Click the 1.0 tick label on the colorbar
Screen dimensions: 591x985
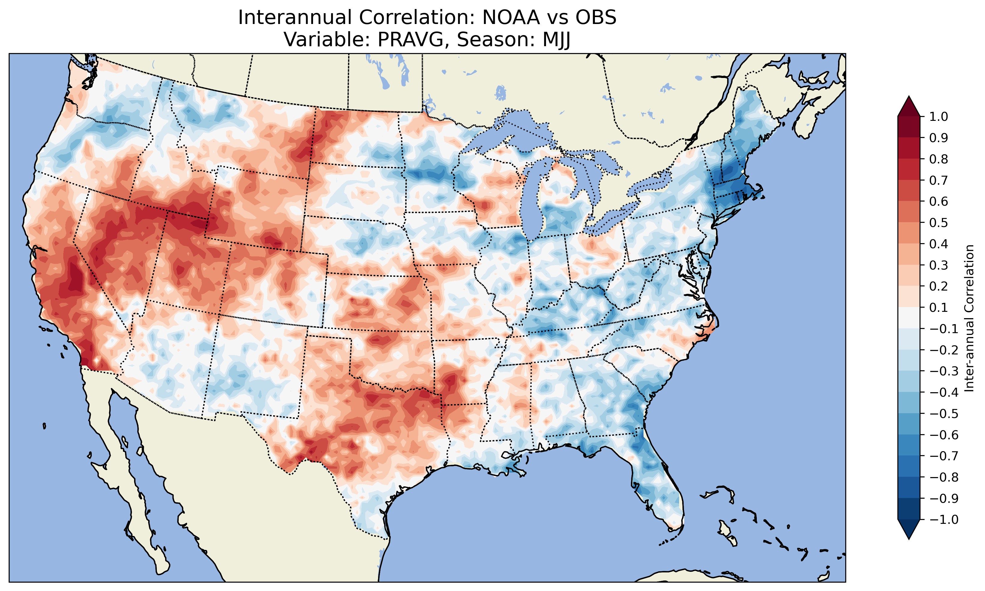pos(939,117)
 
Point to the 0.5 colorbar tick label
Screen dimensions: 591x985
pos(939,222)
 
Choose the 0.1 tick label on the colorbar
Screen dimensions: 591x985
pos(939,307)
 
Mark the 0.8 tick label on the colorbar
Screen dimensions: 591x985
pos(939,159)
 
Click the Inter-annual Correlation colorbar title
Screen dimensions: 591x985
pos(969,318)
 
